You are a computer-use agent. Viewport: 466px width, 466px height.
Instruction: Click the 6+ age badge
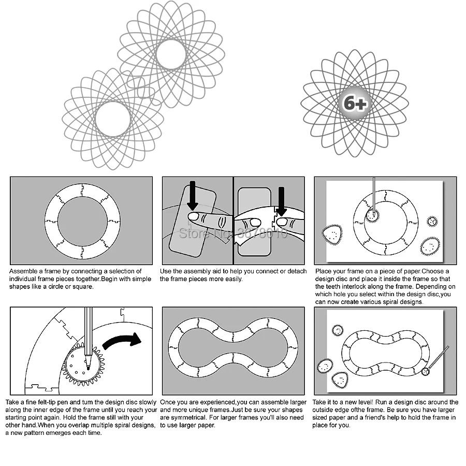tap(355, 103)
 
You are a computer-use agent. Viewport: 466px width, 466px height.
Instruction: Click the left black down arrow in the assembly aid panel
tap(193, 195)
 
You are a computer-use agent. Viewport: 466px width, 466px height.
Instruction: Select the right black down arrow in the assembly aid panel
tap(281, 201)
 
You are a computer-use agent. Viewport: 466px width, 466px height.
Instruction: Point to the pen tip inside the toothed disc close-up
tap(88, 369)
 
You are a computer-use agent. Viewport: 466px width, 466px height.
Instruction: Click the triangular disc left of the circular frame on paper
tap(332, 235)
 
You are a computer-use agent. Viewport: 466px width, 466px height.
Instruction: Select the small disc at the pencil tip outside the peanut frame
tap(426, 371)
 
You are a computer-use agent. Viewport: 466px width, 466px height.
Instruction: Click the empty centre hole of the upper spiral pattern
tap(171, 55)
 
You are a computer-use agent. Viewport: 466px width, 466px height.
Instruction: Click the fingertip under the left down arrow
tap(194, 216)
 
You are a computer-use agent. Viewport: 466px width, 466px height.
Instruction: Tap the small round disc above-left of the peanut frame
tap(338, 330)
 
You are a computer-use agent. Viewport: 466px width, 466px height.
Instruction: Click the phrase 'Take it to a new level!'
tap(343, 402)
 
